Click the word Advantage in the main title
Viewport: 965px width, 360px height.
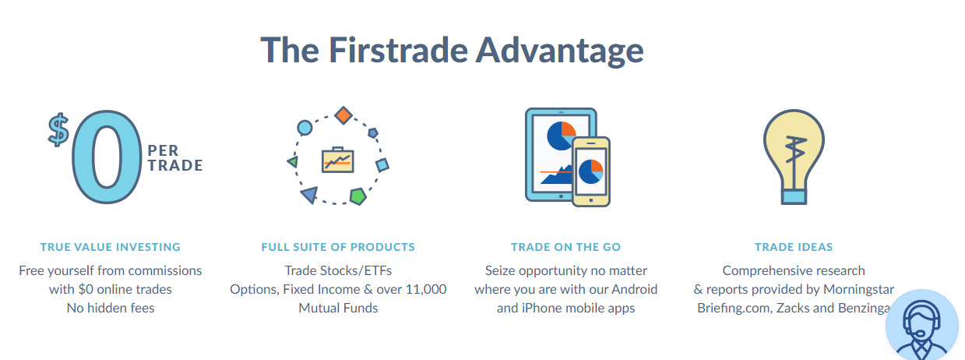560,51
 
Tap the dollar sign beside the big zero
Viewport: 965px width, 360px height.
58,130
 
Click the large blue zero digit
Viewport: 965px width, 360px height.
107,157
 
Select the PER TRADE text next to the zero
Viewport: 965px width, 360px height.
175,158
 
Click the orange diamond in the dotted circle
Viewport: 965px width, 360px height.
343,115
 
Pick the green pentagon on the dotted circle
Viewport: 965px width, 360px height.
358,196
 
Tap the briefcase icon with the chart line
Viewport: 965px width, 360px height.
338,160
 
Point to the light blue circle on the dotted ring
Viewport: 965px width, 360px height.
305,128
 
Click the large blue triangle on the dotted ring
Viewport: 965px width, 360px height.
309,195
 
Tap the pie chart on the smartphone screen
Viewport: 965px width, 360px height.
591,171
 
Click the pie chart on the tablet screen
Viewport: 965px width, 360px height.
561,136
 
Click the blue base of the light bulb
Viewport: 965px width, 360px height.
794,197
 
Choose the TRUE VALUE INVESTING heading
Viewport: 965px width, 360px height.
111,247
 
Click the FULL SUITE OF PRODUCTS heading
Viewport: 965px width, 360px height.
338,247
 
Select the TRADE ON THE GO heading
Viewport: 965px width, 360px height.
565,247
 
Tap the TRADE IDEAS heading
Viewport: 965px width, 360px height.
794,247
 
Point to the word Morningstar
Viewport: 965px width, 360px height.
858,289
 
